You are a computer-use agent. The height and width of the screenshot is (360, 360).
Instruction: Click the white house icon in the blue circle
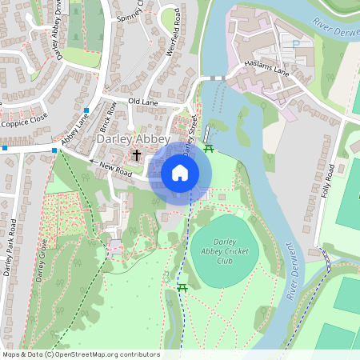pyautogui.click(x=180, y=173)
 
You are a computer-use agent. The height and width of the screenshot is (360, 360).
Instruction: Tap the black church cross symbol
pyautogui.click(x=137, y=154)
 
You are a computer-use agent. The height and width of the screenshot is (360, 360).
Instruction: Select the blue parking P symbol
pyautogui.click(x=297, y=45)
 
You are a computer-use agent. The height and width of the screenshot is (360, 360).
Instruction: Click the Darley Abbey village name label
pyautogui.click(x=133, y=139)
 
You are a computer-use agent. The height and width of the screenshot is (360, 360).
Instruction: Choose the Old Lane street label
pyautogui.click(x=144, y=102)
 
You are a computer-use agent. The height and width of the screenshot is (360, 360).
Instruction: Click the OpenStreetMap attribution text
pyautogui.click(x=81, y=354)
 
